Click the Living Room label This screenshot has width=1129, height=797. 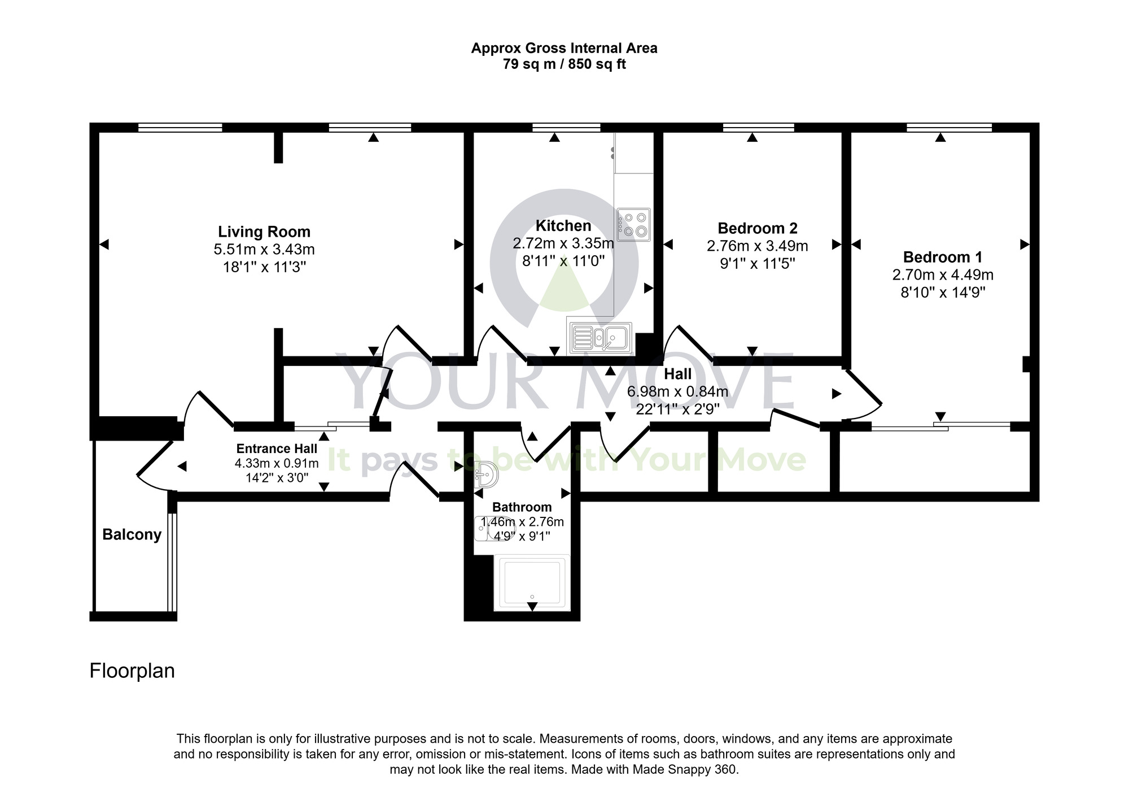(x=264, y=232)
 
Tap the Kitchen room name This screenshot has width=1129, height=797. (x=563, y=226)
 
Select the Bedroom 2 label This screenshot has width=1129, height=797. (x=757, y=228)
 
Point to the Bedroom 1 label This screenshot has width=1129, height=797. (x=942, y=257)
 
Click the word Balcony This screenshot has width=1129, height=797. (x=132, y=534)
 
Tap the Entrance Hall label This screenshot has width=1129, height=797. (x=277, y=448)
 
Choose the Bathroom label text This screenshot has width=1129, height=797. (x=522, y=507)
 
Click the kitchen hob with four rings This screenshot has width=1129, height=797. (x=633, y=224)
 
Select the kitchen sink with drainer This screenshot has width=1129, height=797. (x=600, y=338)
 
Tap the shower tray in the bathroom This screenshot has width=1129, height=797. (x=531, y=582)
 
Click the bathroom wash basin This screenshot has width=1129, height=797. (x=485, y=474)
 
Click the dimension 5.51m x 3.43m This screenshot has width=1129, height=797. (x=264, y=249)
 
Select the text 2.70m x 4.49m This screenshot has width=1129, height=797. (x=942, y=275)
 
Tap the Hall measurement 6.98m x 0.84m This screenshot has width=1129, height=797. (x=677, y=391)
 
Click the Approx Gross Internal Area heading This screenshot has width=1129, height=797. (x=564, y=49)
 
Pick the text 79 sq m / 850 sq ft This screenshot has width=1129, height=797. (x=564, y=64)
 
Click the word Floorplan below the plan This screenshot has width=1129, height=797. (x=132, y=670)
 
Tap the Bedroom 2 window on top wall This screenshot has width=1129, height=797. (x=758, y=128)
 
